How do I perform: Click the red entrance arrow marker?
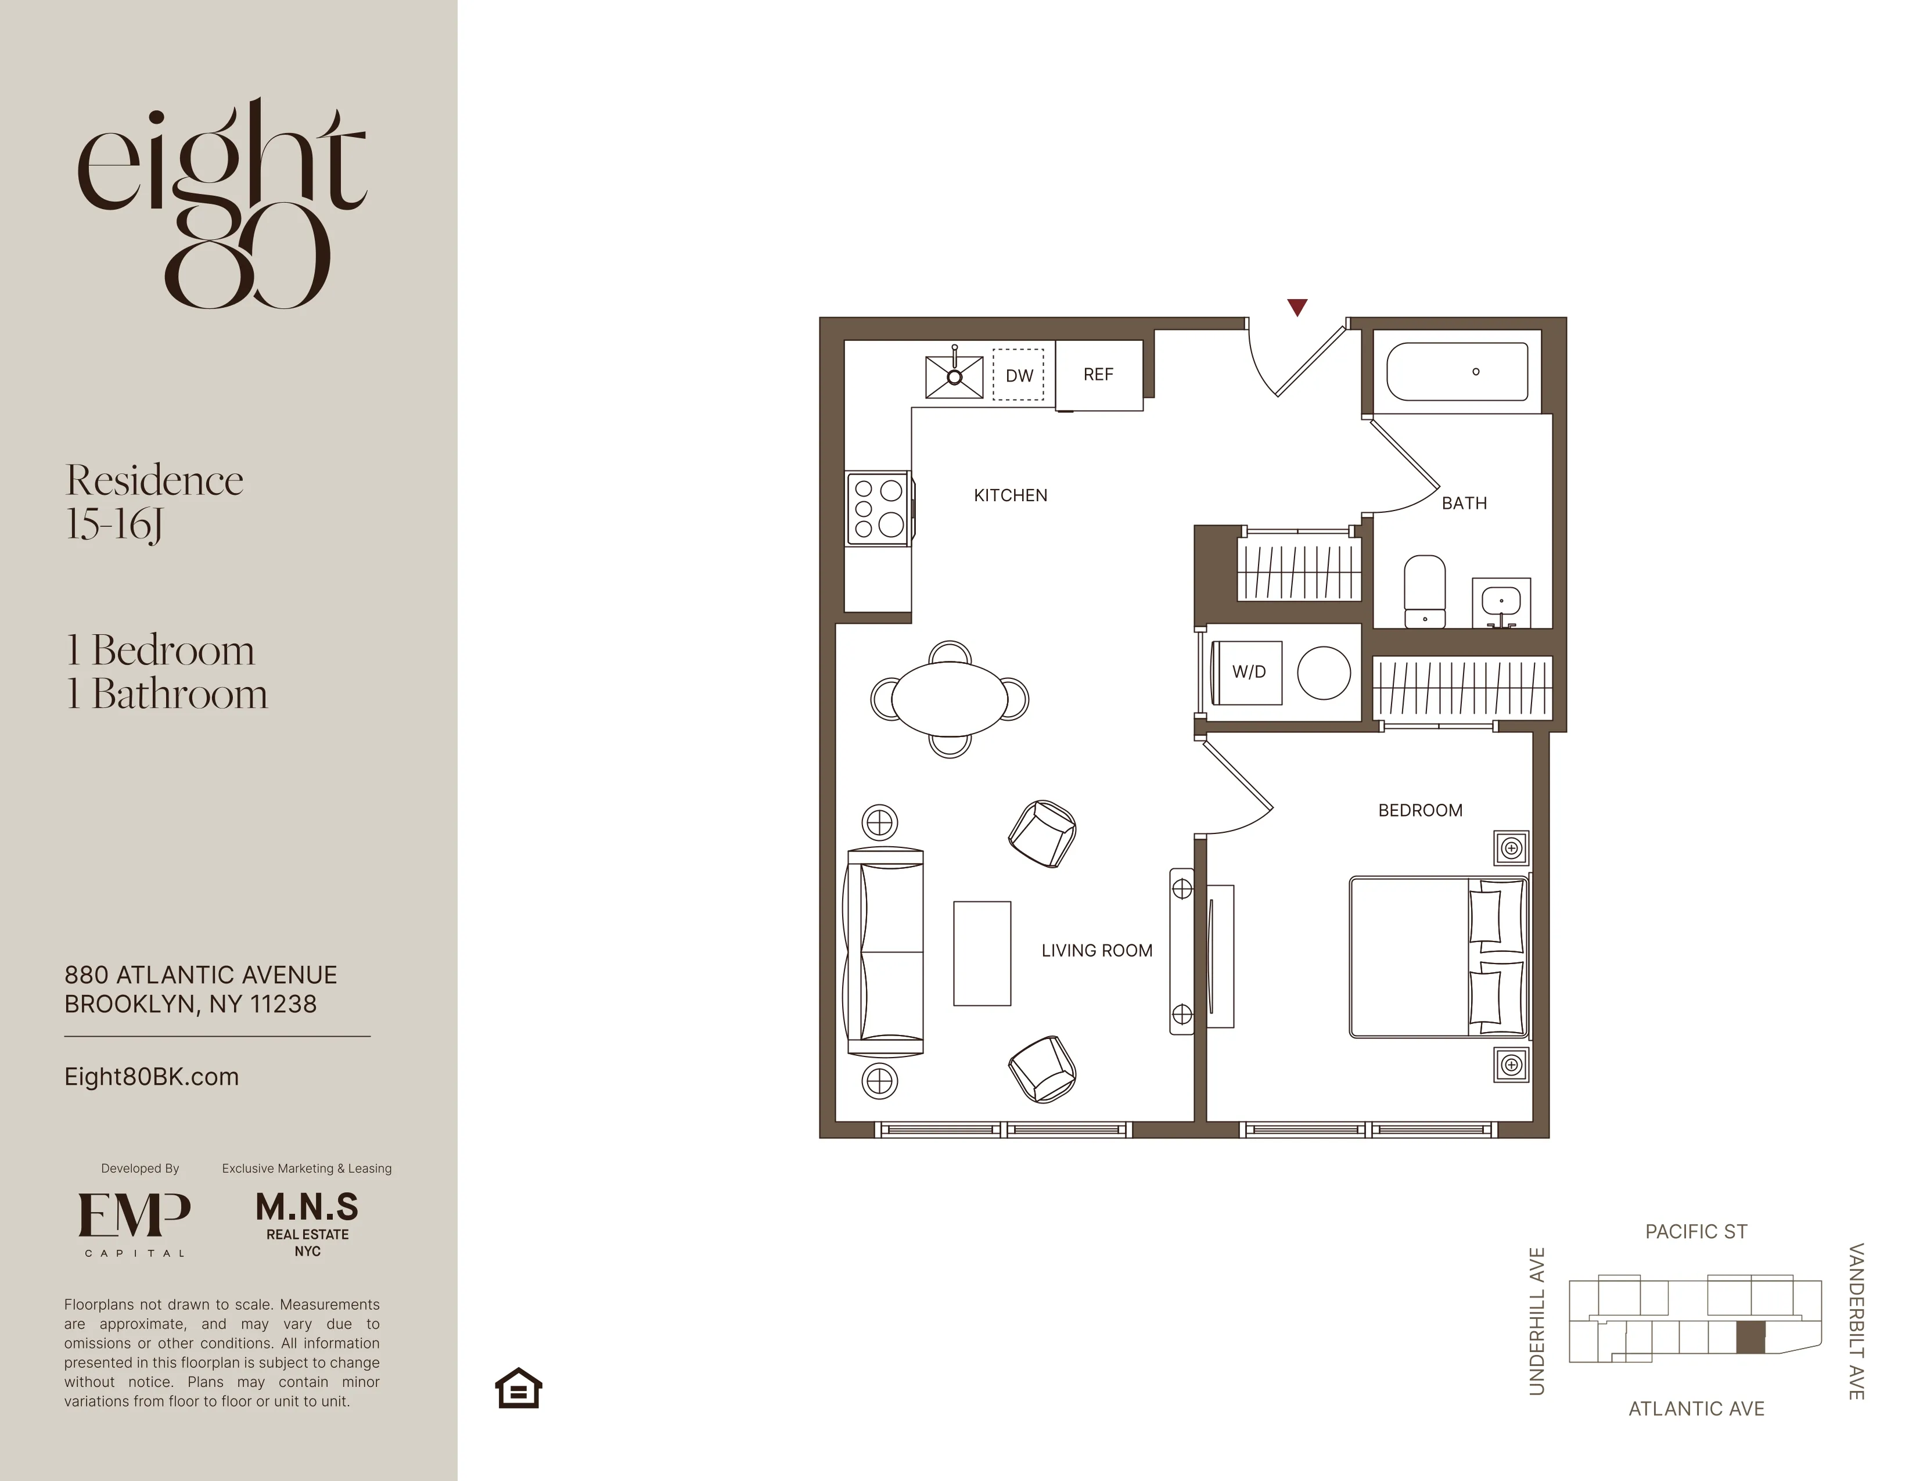(x=1297, y=307)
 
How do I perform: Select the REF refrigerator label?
(x=1098, y=375)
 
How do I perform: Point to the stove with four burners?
(x=878, y=508)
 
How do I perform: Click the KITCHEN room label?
(x=1010, y=496)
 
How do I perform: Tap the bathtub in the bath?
(x=1456, y=372)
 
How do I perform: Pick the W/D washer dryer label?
(x=1248, y=672)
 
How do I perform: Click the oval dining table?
(x=950, y=699)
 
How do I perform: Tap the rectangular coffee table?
(x=982, y=953)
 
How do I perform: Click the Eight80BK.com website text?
(x=151, y=1077)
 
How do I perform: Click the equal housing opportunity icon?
(x=519, y=1388)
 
